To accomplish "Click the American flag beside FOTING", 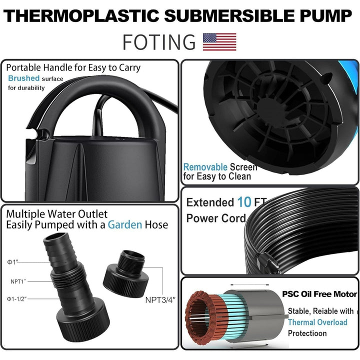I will (x=219, y=42).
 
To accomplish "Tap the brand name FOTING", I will (x=159, y=42).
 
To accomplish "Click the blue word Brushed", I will (x=23, y=78).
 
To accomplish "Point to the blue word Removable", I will (x=205, y=167).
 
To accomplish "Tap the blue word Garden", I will (x=124, y=225).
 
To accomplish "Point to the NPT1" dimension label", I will (x=18, y=281).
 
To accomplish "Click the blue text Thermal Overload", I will (x=317, y=322).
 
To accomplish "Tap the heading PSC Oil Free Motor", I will (x=319, y=294).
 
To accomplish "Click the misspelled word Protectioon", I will (x=307, y=333).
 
